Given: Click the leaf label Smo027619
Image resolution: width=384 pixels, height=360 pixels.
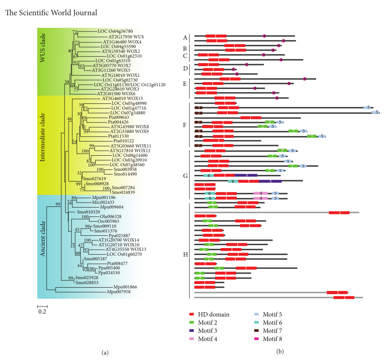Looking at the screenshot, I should (x=95, y=179).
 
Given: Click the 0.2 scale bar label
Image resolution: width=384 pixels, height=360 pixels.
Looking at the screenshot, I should (x=42, y=312).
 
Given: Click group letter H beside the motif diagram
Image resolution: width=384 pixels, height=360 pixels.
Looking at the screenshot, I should (x=186, y=255).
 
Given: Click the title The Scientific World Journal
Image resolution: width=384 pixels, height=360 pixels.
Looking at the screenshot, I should (x=51, y=13).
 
